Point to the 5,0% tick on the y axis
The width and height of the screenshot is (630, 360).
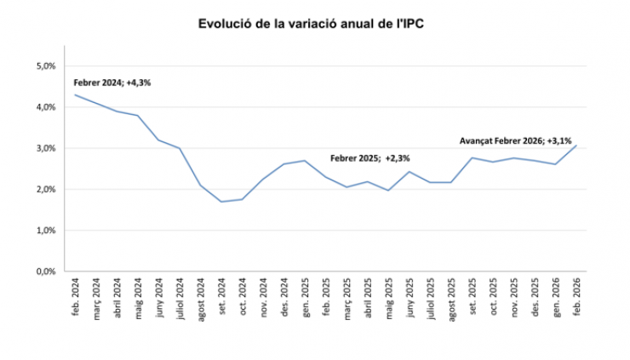(x=44, y=66)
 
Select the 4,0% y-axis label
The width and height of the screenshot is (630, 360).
(x=44, y=107)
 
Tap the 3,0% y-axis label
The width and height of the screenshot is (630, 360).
(x=44, y=148)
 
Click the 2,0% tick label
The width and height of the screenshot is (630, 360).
(x=44, y=189)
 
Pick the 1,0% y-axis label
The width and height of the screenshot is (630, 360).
(x=44, y=231)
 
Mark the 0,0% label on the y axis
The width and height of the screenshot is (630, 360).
(x=44, y=271)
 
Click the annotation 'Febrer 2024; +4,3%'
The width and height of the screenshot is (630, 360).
(x=112, y=83)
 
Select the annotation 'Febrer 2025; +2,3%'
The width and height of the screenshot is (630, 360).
(x=370, y=158)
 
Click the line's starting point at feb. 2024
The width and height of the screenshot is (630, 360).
(x=75, y=94)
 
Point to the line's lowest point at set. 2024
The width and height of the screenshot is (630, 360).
(x=221, y=202)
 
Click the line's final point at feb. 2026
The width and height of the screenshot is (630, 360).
(x=576, y=146)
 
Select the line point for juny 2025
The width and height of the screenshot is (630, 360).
(x=409, y=172)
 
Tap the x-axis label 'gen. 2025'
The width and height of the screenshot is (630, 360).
(x=305, y=297)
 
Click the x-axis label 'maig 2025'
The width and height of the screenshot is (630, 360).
(x=388, y=299)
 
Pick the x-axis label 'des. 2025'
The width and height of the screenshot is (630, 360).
(x=535, y=297)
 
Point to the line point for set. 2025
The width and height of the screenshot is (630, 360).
(x=472, y=157)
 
